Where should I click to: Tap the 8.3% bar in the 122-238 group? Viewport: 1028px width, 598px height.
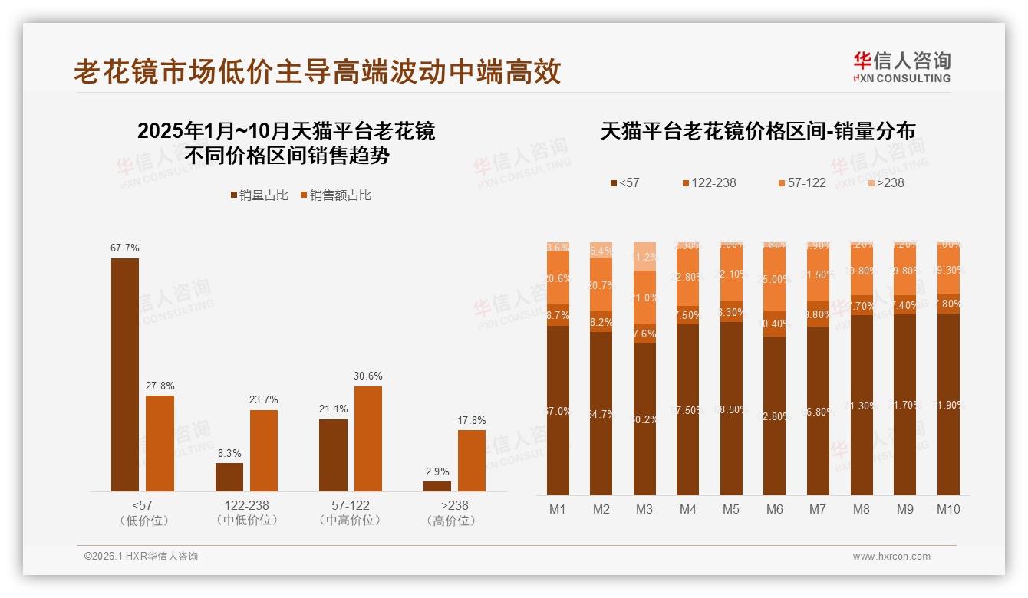pos(229,477)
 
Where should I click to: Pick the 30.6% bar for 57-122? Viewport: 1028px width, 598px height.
pos(368,439)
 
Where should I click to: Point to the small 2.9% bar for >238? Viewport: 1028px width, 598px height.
pos(437,486)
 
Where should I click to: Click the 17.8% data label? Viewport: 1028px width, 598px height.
pos(472,420)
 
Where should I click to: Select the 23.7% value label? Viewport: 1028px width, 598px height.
pos(264,399)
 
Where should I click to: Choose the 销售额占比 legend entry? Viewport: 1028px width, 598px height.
pos(335,195)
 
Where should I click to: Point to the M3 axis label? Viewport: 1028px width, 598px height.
pos(644,509)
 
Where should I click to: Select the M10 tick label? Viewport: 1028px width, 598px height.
pos(948,509)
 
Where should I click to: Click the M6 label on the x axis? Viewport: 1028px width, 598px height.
pos(775,509)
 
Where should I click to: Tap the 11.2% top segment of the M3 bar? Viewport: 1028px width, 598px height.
pos(644,257)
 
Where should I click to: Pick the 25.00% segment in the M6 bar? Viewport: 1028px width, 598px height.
pos(775,279)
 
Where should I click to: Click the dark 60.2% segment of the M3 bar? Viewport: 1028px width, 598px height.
pos(644,419)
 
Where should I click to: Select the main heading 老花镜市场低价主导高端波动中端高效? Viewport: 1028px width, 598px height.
pos(318,71)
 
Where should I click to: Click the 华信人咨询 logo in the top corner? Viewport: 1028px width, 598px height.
pos(901,67)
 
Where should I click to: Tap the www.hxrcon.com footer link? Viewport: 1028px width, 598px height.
pos(891,557)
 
